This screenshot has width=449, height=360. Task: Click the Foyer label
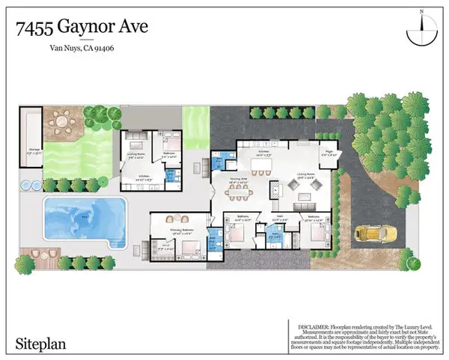point(326,153)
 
